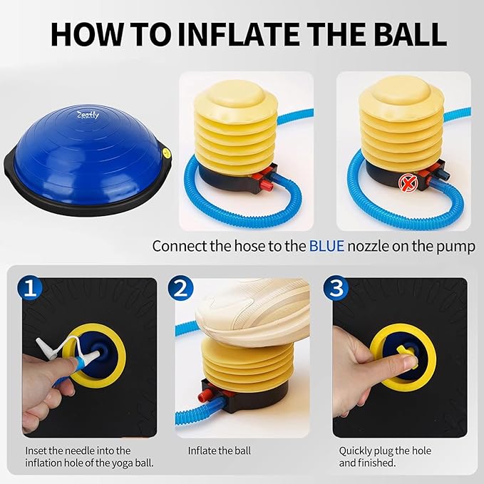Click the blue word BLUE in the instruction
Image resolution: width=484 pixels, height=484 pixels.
tap(327, 247)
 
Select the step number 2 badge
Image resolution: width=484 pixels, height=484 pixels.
tap(182, 289)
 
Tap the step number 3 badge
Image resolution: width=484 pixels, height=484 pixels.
tap(336, 289)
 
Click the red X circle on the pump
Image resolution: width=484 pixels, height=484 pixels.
tap(408, 182)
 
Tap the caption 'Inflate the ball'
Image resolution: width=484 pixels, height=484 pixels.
tap(220, 450)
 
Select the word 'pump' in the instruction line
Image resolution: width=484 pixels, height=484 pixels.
tap(459, 247)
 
